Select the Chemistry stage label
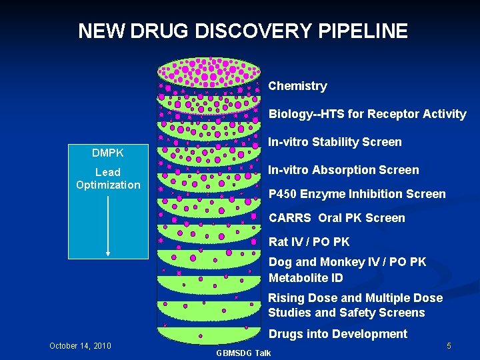point(297,86)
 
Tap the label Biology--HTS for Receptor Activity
point(367,114)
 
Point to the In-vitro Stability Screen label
point(335,142)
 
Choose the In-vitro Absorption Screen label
point(343,170)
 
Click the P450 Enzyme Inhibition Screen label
point(357,194)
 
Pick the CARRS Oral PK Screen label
point(337,218)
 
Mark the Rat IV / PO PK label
point(309,242)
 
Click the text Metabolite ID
point(305,278)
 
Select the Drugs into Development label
point(337,334)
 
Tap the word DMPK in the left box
point(108,154)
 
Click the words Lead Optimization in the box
point(108,179)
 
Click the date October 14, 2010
point(80,346)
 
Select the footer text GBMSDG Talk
point(244,353)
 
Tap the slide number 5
point(449,346)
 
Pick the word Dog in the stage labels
point(279,262)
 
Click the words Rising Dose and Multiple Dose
point(355,298)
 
